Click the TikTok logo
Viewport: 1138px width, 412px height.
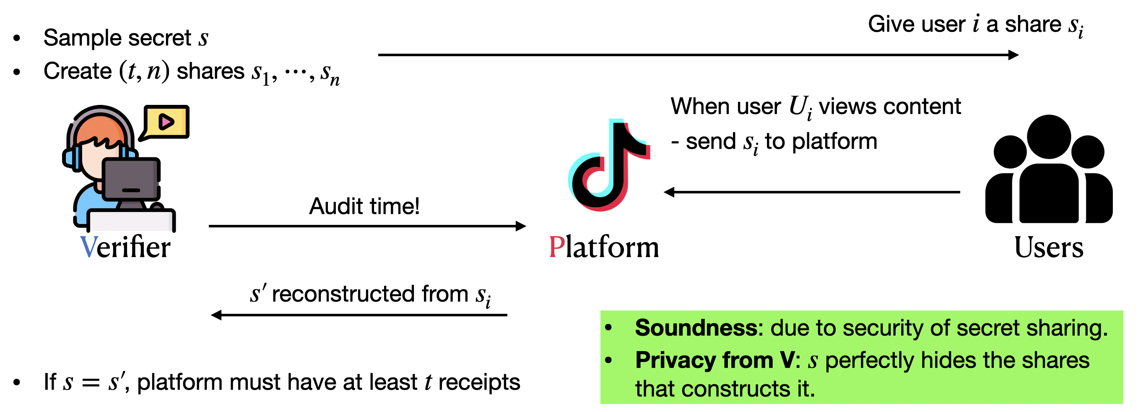click(x=608, y=166)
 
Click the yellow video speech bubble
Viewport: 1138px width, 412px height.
click(x=166, y=122)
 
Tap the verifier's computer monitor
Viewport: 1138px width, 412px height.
click(x=131, y=179)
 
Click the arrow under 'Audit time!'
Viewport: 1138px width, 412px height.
click(x=366, y=226)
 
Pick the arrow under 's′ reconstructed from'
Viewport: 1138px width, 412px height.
click(x=359, y=315)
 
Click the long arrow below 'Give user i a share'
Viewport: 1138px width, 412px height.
click(x=698, y=55)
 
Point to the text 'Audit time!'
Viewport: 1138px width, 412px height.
click(x=364, y=206)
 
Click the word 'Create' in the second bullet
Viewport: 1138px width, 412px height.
click(x=78, y=71)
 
